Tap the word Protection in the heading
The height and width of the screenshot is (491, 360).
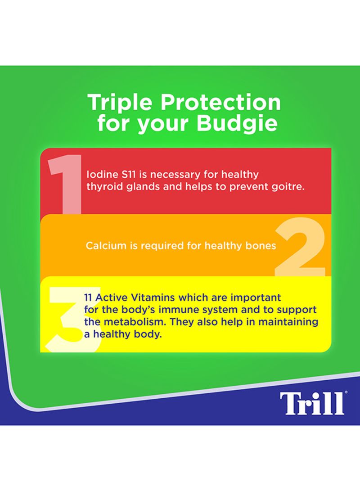point(220,103)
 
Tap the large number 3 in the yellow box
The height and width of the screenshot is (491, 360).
point(73,320)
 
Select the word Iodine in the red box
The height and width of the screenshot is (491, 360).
point(98,174)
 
